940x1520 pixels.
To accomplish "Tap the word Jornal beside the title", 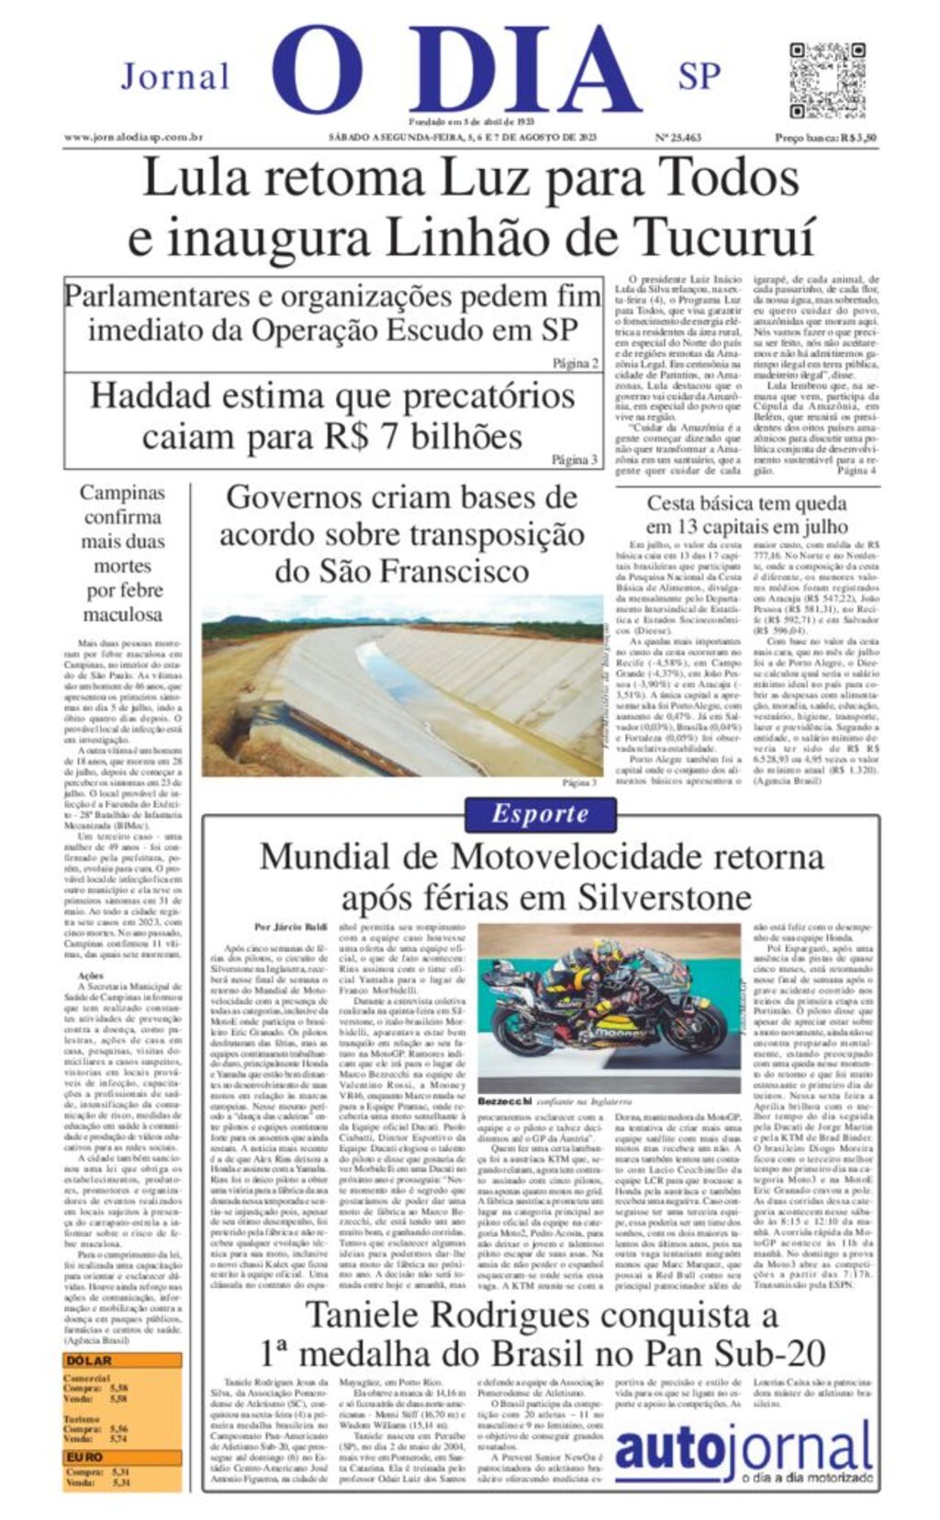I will pos(174,76).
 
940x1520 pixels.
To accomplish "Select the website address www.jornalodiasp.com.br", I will pos(133,138).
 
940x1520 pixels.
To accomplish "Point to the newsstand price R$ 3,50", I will pos(826,138).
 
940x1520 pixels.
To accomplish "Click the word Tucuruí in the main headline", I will pos(724,237).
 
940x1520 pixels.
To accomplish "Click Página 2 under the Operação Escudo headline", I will pos(576,363).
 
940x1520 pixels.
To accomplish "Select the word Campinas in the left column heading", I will pos(122,493).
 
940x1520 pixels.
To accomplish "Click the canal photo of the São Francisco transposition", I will pos(402,687).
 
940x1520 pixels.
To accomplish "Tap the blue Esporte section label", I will pos(540,814).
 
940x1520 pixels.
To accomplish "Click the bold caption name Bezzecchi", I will pos(501,1101).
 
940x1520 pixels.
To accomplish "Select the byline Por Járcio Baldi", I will pos(290,927).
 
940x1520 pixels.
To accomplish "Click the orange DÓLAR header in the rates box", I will pos(89,1360).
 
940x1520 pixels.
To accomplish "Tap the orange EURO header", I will pos(84,1457).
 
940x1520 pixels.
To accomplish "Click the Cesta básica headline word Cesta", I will pos(677,503).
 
